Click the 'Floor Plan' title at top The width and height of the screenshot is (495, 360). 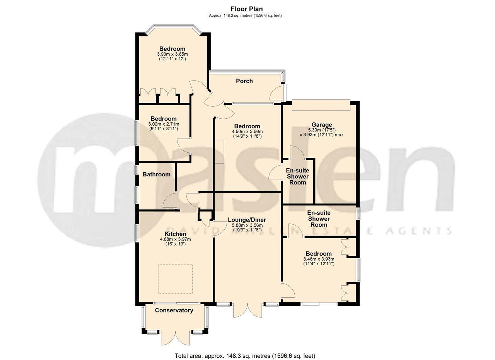click(x=247, y=9)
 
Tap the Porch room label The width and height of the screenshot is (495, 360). click(x=244, y=81)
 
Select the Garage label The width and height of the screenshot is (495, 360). click(x=322, y=125)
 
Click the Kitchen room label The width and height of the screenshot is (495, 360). click(x=175, y=234)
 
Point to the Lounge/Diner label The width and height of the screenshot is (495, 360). click(x=247, y=220)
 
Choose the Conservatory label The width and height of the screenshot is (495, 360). click(x=174, y=310)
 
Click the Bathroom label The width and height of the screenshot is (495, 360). click(x=156, y=174)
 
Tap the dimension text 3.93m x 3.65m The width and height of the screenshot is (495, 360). click(x=172, y=54)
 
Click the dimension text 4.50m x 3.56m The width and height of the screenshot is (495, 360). click(x=247, y=131)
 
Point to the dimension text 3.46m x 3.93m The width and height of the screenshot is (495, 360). click(x=319, y=259)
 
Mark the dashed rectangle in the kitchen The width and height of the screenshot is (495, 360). click(x=175, y=279)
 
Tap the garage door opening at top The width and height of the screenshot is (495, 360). click(x=321, y=104)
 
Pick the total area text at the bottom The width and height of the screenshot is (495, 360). click(x=245, y=355)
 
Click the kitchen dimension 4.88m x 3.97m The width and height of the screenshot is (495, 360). click(x=175, y=239)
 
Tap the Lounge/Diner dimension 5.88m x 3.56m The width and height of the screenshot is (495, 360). click(x=247, y=225)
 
